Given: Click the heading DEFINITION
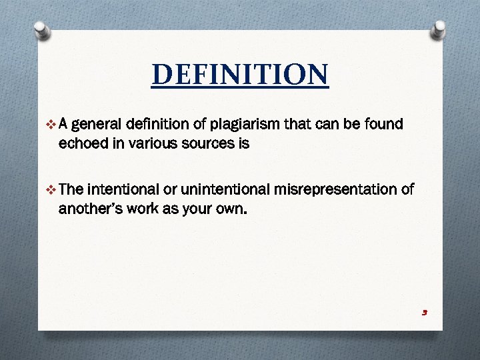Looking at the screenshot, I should click(240, 75).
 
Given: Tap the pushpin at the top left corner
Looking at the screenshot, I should click(41, 30).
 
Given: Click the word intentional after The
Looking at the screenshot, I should click(122, 190).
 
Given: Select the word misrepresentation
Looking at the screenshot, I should click(333, 190).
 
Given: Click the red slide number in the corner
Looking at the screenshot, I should click(424, 313).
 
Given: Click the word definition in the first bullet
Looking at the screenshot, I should click(164, 124).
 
